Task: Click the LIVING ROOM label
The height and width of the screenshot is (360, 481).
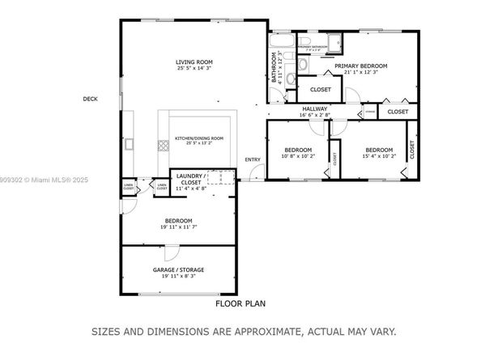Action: coord(194,61)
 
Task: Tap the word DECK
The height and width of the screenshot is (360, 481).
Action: coord(90,100)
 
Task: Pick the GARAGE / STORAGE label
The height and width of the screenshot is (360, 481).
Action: coord(178,269)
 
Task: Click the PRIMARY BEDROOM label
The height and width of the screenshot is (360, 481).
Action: coord(361,66)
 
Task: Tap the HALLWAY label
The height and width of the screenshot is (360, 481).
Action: coord(315,108)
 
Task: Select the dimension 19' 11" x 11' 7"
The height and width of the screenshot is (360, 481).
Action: coord(178,227)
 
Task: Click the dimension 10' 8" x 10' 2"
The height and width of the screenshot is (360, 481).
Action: coord(297,156)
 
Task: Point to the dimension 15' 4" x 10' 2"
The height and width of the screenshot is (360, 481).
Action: coord(378,156)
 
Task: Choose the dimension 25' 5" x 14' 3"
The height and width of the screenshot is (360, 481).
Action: coord(194,68)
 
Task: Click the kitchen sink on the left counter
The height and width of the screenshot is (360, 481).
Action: coord(129,144)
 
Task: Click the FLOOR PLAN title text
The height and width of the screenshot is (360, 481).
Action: coord(240,305)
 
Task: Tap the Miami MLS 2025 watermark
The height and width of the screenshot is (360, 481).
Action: coord(36,180)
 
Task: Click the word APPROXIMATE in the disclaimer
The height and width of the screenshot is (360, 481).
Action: coord(253,332)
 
